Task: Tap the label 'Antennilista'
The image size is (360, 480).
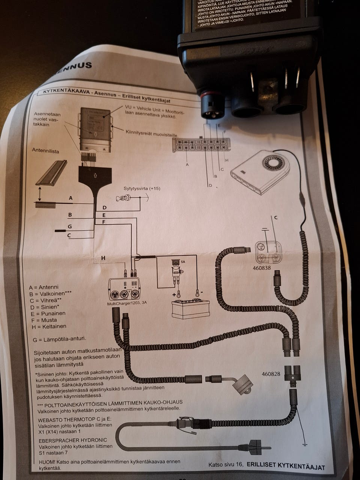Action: (x=45, y=151)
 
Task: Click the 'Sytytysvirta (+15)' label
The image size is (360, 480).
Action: (x=142, y=188)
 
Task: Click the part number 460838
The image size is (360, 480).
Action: (x=261, y=268)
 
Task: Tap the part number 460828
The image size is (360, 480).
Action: (x=271, y=374)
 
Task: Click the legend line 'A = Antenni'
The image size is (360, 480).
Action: (x=44, y=287)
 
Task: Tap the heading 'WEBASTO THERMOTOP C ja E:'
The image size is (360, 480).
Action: (x=75, y=419)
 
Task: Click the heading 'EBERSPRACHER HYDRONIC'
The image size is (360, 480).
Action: (x=73, y=440)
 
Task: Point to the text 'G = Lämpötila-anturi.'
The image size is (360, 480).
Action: (x=60, y=339)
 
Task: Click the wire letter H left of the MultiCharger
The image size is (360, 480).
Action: (x=103, y=258)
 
